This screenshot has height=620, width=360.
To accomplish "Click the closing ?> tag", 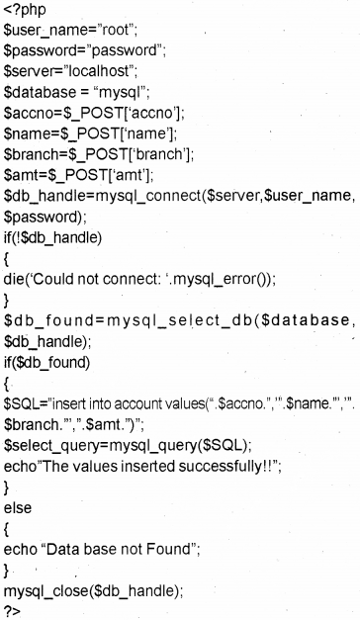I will pos(12,609).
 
